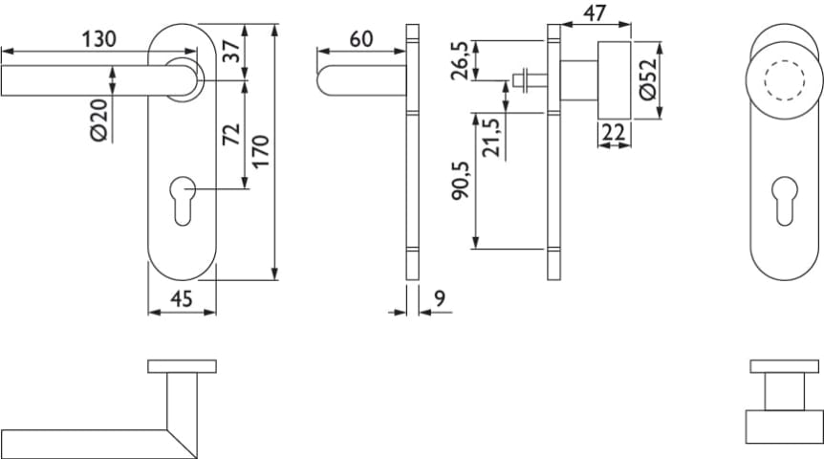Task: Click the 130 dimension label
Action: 98,39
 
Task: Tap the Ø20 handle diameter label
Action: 99,120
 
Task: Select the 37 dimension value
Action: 231,52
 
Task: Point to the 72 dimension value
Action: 231,134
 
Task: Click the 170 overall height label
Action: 261,151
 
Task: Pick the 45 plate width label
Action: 182,299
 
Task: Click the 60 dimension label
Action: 361,39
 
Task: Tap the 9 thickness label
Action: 440,298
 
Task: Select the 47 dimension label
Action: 595,13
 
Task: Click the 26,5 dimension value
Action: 461,61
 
